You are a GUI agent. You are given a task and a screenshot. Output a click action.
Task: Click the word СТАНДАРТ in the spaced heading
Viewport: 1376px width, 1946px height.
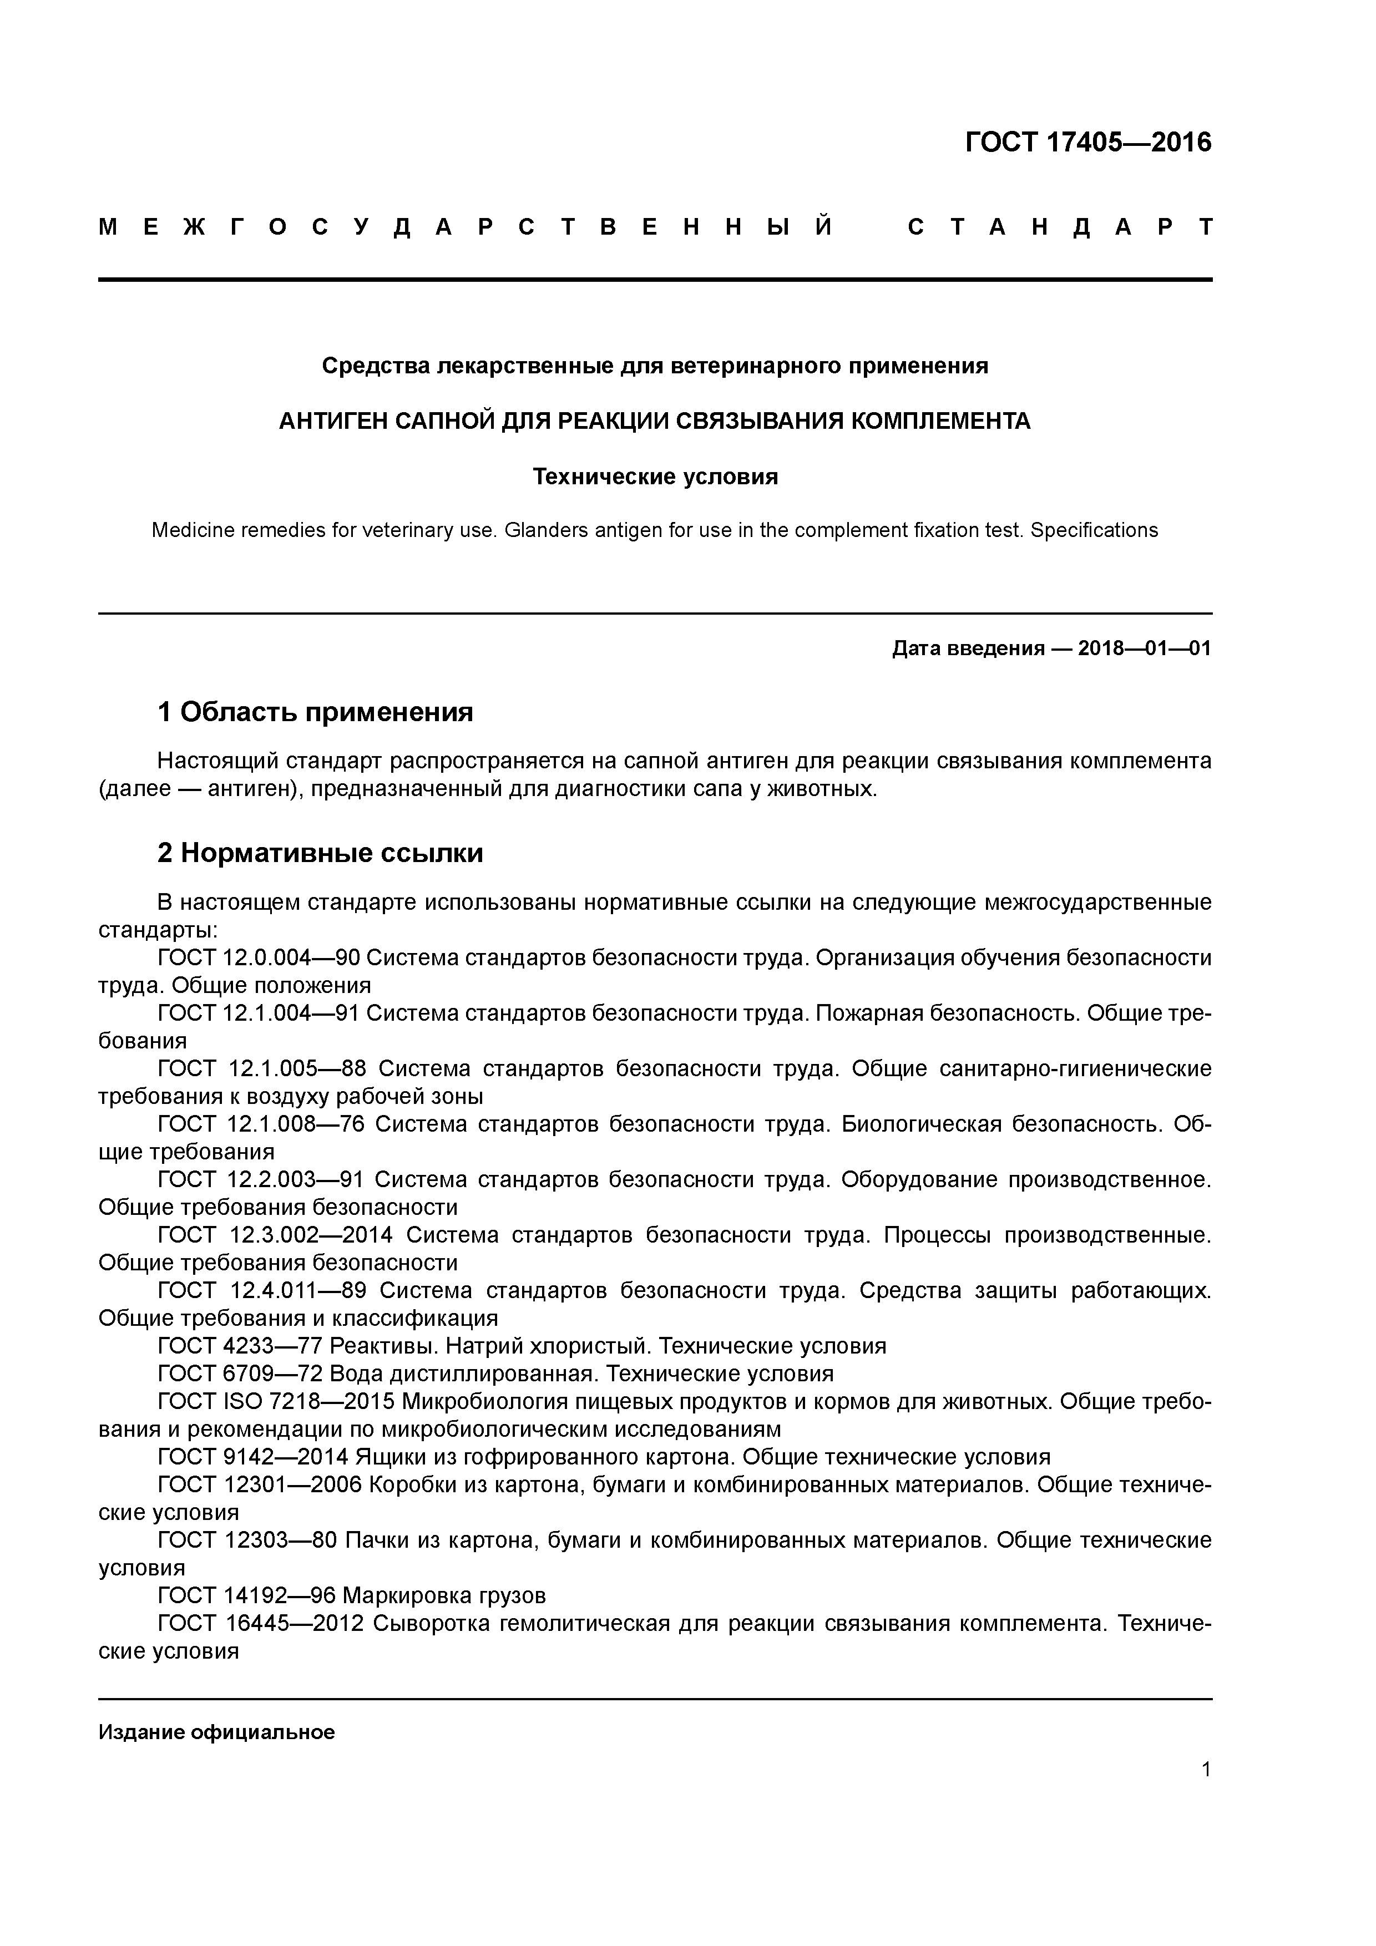1059,227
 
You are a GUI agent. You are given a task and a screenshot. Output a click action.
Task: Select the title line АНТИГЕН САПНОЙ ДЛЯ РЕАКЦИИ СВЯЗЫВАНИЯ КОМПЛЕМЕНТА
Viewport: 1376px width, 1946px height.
655,421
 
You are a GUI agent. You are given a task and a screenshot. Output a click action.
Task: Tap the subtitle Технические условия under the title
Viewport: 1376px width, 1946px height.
655,477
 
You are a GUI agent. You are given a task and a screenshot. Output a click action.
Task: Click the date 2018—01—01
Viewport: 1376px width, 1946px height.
1144,649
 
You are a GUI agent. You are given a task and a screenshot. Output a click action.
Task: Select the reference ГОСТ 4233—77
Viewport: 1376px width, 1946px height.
240,1346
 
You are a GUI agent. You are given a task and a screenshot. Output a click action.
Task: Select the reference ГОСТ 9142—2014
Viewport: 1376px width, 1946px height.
252,1457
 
